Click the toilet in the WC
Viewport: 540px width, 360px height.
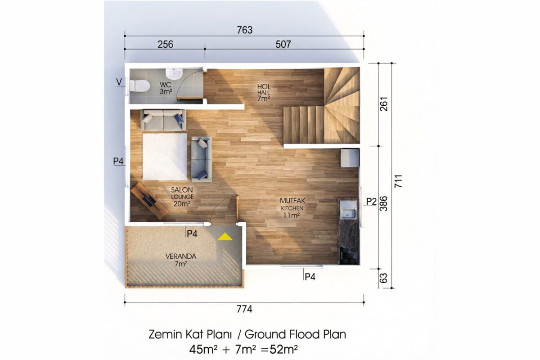pos(139,85)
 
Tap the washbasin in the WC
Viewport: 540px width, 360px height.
pos(174,73)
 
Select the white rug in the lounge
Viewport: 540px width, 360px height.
pos(165,157)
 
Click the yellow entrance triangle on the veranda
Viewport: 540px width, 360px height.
pos(225,237)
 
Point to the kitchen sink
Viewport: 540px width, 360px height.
pos(348,214)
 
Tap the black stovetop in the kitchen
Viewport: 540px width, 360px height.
pos(348,256)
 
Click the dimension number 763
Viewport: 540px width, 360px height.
pos(244,30)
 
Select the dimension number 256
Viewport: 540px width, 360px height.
pos(166,45)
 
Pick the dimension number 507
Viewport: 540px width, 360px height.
pos(283,45)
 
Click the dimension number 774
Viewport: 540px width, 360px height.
pos(244,309)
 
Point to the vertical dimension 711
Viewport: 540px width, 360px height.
pos(398,181)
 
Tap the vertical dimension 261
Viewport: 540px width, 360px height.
pos(384,104)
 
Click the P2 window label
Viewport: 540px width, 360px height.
pos(371,201)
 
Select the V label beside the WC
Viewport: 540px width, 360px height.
pos(119,82)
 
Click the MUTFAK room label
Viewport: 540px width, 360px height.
pos(292,201)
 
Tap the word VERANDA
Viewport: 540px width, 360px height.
pos(181,256)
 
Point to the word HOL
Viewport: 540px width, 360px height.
pos(264,86)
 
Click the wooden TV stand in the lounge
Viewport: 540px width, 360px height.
pos(149,201)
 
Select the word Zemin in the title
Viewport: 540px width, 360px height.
pos(166,334)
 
